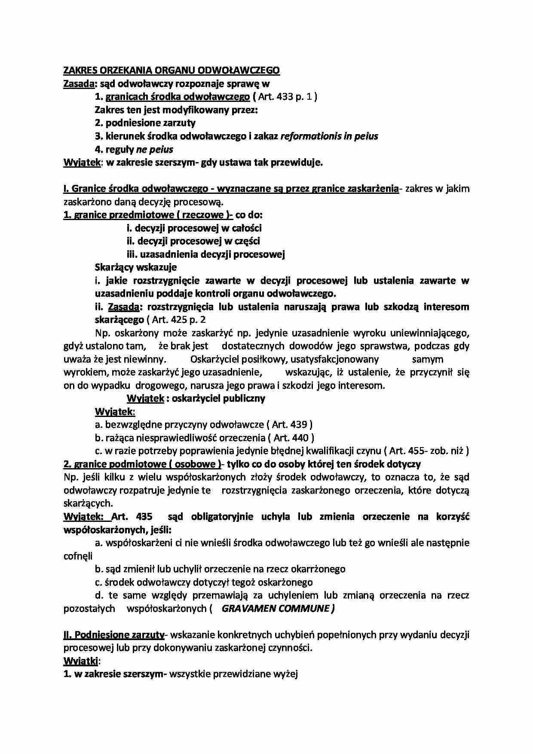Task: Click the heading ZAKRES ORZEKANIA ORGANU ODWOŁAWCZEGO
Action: click(171, 70)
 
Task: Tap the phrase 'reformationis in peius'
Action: click(329, 136)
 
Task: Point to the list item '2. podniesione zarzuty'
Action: click(145, 123)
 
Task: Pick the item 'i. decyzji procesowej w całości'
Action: click(194, 228)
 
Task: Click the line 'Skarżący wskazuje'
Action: click(135, 267)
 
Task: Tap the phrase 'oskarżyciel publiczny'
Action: click(218, 398)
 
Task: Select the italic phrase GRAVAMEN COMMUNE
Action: click(278, 608)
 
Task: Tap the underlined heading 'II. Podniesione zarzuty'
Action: click(114, 634)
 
